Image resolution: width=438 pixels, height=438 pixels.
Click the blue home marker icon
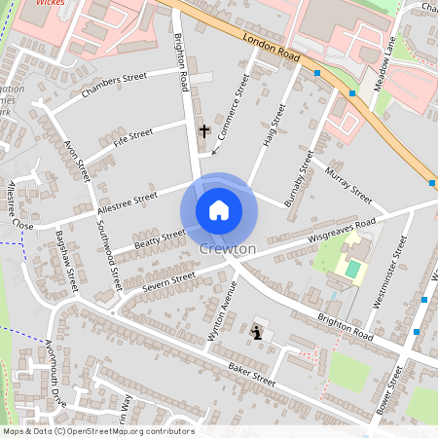pyautogui.click(x=219, y=210)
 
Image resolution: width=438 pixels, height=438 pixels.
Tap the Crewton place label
pyautogui.click(x=227, y=249)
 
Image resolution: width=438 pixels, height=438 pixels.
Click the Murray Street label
pyautogui.click(x=348, y=185)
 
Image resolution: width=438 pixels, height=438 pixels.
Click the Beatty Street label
pyautogui.click(x=159, y=237)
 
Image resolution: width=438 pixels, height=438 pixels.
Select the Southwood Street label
pyautogui.click(x=109, y=257)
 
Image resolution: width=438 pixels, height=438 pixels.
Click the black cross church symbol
pyautogui.click(x=204, y=129)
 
